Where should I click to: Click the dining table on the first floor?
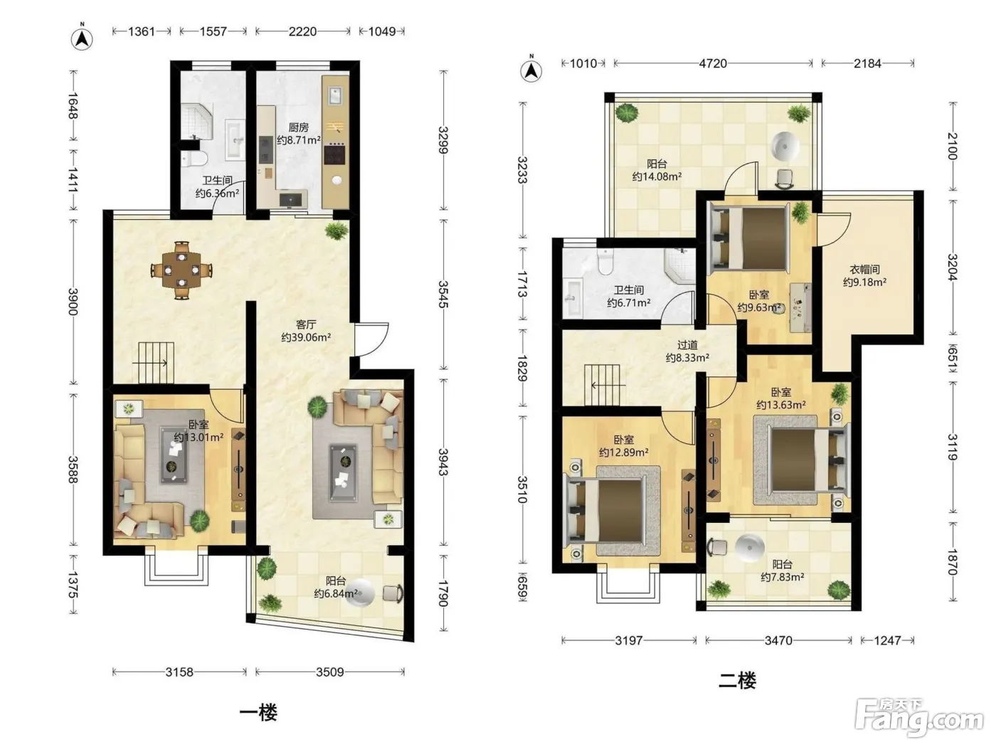pos(181,270)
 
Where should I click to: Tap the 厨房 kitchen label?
pos(298,127)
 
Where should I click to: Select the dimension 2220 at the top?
pos(302,32)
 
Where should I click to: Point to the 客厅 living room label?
pos(305,324)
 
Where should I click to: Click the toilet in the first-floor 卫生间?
pos(194,158)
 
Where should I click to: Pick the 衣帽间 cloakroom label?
pos(864,270)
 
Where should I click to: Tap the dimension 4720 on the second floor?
pos(713,63)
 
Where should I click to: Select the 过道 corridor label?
pos(687,345)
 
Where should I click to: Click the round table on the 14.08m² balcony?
pos(785,146)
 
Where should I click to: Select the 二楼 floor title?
pos(737,681)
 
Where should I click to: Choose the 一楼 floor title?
pos(258,713)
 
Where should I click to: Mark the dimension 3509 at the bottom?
pos(330,672)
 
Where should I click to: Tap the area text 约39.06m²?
pos(306,337)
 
